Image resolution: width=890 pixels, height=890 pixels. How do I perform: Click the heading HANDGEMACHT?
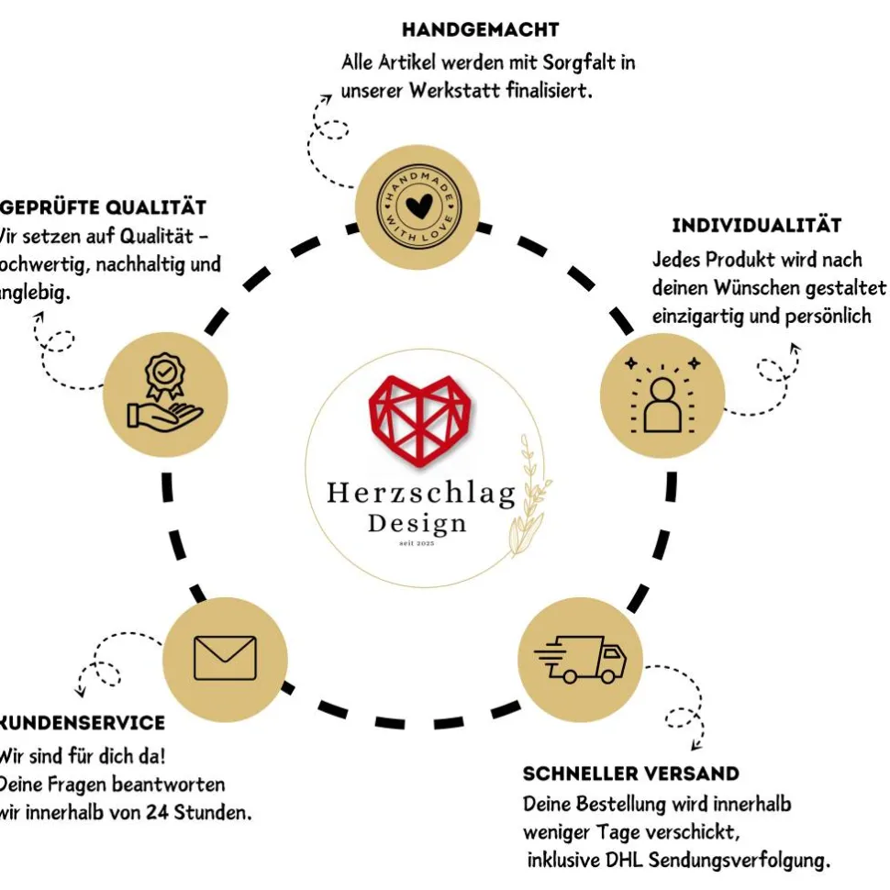coord(480,30)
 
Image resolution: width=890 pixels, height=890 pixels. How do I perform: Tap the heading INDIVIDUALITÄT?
coord(757,226)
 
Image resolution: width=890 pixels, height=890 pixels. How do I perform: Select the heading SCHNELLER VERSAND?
coord(630,773)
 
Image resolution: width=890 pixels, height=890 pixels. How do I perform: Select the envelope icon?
coord(225,658)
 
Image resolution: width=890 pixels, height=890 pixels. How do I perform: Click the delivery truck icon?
coord(581,659)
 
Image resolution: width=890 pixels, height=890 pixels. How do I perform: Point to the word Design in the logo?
coord(417,524)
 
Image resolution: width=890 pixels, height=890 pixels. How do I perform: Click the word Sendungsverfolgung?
coord(741,861)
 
